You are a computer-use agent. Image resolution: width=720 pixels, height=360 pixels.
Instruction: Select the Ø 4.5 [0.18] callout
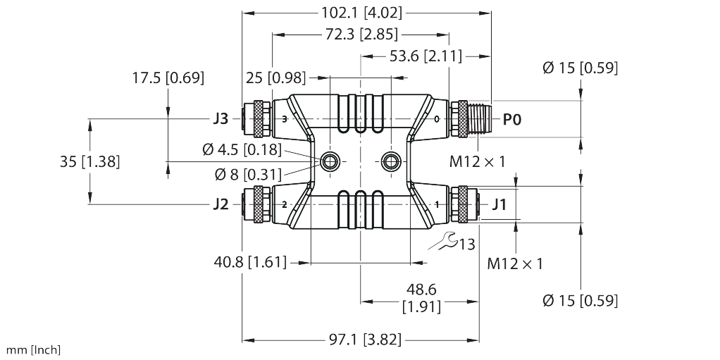(241, 149)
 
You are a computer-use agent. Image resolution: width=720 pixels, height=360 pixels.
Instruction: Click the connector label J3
(221, 119)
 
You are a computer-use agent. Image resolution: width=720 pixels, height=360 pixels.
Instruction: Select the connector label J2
(221, 205)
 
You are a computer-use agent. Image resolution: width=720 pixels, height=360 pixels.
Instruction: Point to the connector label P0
(512, 120)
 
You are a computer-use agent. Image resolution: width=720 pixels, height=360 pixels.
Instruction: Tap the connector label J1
(499, 205)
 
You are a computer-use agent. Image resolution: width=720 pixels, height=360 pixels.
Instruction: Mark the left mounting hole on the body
(329, 162)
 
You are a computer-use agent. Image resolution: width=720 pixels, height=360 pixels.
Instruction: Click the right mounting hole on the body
(390, 162)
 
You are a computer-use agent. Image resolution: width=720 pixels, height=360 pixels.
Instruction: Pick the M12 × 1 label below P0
(478, 161)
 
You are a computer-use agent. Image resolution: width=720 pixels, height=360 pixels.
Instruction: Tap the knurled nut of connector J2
(260, 205)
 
